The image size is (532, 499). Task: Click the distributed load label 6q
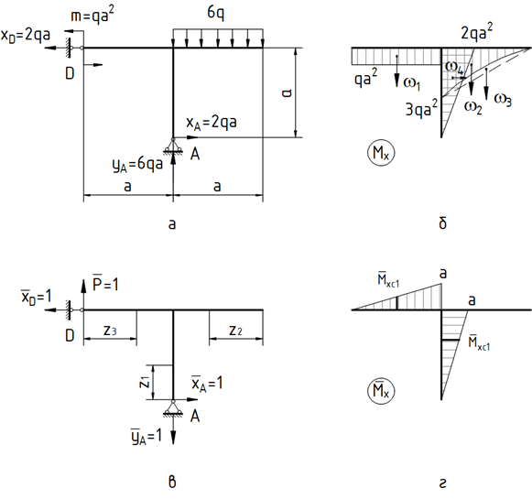216,13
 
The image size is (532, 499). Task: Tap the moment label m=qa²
92,16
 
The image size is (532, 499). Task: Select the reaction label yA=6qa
137,165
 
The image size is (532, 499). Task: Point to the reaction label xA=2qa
211,123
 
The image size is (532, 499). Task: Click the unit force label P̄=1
105,284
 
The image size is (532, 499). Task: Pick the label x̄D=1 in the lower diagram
37,298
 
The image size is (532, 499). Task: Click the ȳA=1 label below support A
147,437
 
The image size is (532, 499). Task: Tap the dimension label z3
110,331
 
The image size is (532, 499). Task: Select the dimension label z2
236,331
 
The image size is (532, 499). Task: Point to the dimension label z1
145,383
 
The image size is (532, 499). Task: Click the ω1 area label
412,83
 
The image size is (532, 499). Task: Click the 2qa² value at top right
477,31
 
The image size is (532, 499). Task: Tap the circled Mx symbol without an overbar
381,153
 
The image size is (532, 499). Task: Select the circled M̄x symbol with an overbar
381,391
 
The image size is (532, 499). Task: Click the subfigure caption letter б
442,223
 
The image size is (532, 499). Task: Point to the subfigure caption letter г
442,483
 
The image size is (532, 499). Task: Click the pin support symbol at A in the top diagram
173,146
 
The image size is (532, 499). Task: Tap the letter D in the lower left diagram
70,335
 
